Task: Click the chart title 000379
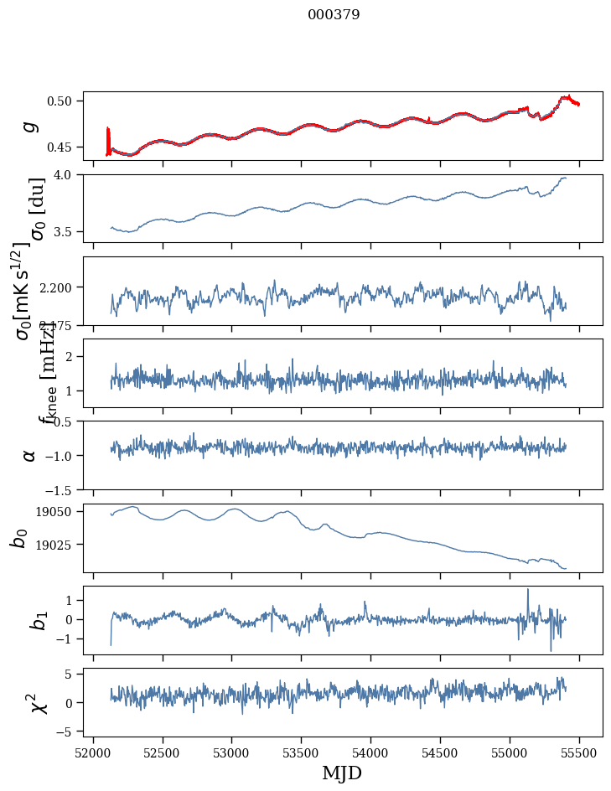334,14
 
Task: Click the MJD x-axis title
342,773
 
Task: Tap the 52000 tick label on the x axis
93,752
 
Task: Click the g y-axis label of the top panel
30,126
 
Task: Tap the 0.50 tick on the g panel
65,101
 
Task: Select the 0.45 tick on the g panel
65,147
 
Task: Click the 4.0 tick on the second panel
69,175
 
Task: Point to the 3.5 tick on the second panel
69,231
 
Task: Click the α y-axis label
30,454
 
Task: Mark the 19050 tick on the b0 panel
60,511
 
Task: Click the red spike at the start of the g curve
108,138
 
